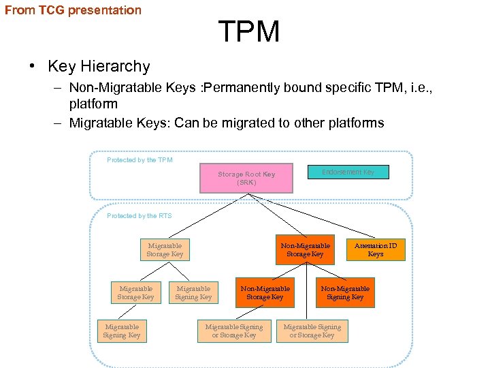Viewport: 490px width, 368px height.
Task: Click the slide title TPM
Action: click(x=248, y=32)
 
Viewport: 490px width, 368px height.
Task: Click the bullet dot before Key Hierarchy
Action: click(x=32, y=67)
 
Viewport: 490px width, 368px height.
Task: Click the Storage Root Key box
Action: click(x=246, y=178)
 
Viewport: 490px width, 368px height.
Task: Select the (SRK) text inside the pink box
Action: click(x=246, y=183)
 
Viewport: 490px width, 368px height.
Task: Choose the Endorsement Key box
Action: click(x=348, y=172)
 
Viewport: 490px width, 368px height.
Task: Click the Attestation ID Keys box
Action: click(x=375, y=250)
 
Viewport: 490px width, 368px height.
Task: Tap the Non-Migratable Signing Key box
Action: click(x=345, y=293)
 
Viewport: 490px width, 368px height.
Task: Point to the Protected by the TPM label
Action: click(x=140, y=160)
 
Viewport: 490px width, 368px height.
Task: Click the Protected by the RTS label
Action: click(x=140, y=216)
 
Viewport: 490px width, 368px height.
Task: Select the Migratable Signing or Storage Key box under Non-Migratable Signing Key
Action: click(x=312, y=331)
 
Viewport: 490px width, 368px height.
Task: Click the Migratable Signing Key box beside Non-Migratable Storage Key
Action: click(x=193, y=293)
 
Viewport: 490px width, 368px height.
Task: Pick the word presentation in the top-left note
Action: click(x=104, y=10)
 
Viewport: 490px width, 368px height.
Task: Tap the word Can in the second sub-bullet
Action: click(x=186, y=123)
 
